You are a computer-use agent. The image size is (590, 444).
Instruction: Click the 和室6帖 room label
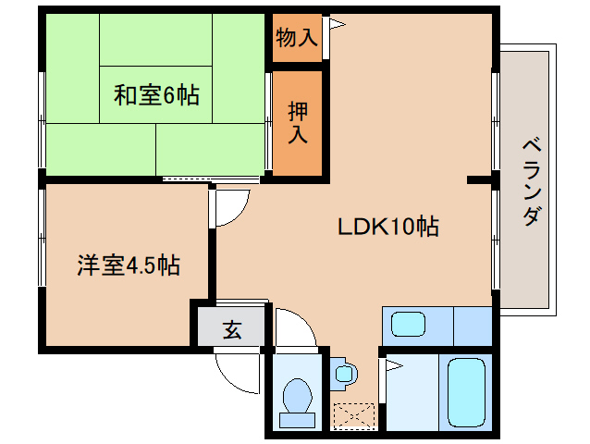tap(155, 94)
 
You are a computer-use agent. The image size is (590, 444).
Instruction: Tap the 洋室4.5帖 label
tap(128, 266)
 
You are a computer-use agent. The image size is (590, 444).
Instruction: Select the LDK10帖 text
tap(387, 226)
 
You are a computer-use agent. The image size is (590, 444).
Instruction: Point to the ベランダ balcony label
tap(531, 181)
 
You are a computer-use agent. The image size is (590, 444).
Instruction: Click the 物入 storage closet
tap(297, 38)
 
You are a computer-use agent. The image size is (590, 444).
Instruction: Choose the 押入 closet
tap(298, 122)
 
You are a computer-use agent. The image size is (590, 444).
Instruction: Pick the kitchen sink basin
tap(407, 325)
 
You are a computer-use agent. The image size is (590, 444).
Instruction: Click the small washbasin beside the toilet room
tap(344, 374)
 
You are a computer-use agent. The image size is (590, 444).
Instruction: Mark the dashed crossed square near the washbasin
tap(355, 415)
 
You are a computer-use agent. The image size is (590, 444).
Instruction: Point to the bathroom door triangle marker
tap(392, 367)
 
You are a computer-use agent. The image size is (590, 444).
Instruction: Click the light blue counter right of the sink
tap(472, 325)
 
